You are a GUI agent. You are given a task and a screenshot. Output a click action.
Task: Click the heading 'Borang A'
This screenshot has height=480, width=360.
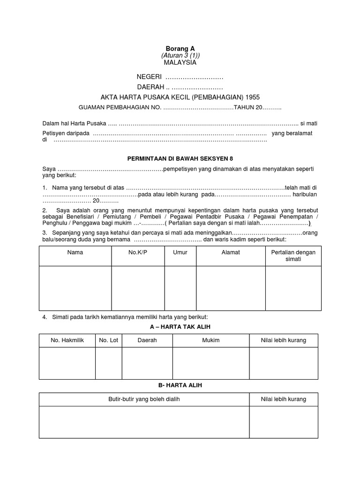pos(180,48)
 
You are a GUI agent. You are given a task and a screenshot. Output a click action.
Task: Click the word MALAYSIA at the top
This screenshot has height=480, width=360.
pos(180,62)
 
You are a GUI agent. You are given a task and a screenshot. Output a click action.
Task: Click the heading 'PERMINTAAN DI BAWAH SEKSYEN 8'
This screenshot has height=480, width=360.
pos(180,158)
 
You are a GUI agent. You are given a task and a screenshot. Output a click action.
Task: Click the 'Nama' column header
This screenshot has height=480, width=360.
pos(75,252)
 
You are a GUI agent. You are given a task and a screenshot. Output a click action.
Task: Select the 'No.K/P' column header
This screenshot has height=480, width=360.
pos(138,252)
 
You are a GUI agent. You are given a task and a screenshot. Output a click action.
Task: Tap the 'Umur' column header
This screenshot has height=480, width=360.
pos(180,252)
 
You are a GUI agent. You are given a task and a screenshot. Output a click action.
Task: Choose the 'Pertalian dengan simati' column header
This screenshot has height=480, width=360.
pos(293,255)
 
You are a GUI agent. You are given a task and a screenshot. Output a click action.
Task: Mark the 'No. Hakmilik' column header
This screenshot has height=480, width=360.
pos(67,340)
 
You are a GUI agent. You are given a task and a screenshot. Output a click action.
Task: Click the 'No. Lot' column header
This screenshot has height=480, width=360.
pos(108,340)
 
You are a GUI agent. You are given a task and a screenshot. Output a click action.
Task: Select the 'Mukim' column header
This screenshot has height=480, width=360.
pos(211,340)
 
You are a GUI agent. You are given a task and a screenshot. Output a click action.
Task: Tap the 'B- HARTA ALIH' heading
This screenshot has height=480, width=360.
pos(180,385)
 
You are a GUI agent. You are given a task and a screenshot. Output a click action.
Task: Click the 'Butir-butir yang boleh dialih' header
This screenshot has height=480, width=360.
pos(144,399)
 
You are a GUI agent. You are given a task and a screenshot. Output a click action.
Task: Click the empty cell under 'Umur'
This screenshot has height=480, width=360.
pos(180,288)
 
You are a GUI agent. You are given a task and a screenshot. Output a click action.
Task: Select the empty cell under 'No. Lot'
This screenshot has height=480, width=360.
pos(108,362)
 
